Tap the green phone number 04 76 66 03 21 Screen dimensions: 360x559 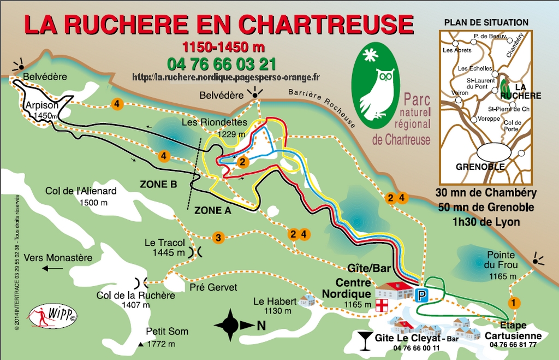coord(222,64)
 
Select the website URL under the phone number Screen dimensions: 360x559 coord(226,78)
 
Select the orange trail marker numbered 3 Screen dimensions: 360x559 coord(218,237)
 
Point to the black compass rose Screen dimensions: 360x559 coord(231,325)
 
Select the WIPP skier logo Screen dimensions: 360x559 coord(53,315)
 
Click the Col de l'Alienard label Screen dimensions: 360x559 coord(81,191)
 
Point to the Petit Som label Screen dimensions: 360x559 coord(167,331)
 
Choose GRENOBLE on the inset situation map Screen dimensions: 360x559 coord(480,167)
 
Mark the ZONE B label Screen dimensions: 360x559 coord(158,185)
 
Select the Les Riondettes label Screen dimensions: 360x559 coord(223,122)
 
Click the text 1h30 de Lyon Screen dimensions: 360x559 coord(486,222)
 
